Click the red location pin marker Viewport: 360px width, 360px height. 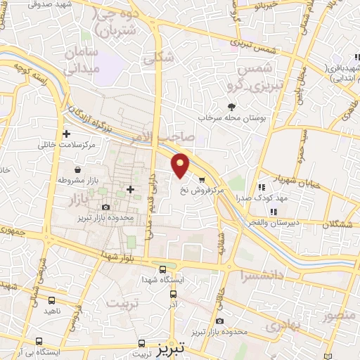[181, 165]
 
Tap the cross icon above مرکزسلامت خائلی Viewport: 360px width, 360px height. [67, 133]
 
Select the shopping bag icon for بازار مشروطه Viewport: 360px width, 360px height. [77, 170]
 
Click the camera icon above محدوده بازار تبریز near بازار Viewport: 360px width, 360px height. [105, 207]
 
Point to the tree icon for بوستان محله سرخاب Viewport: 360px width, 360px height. [231, 107]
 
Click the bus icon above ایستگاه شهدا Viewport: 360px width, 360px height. [163, 269]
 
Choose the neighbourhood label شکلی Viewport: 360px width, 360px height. [157, 60]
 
